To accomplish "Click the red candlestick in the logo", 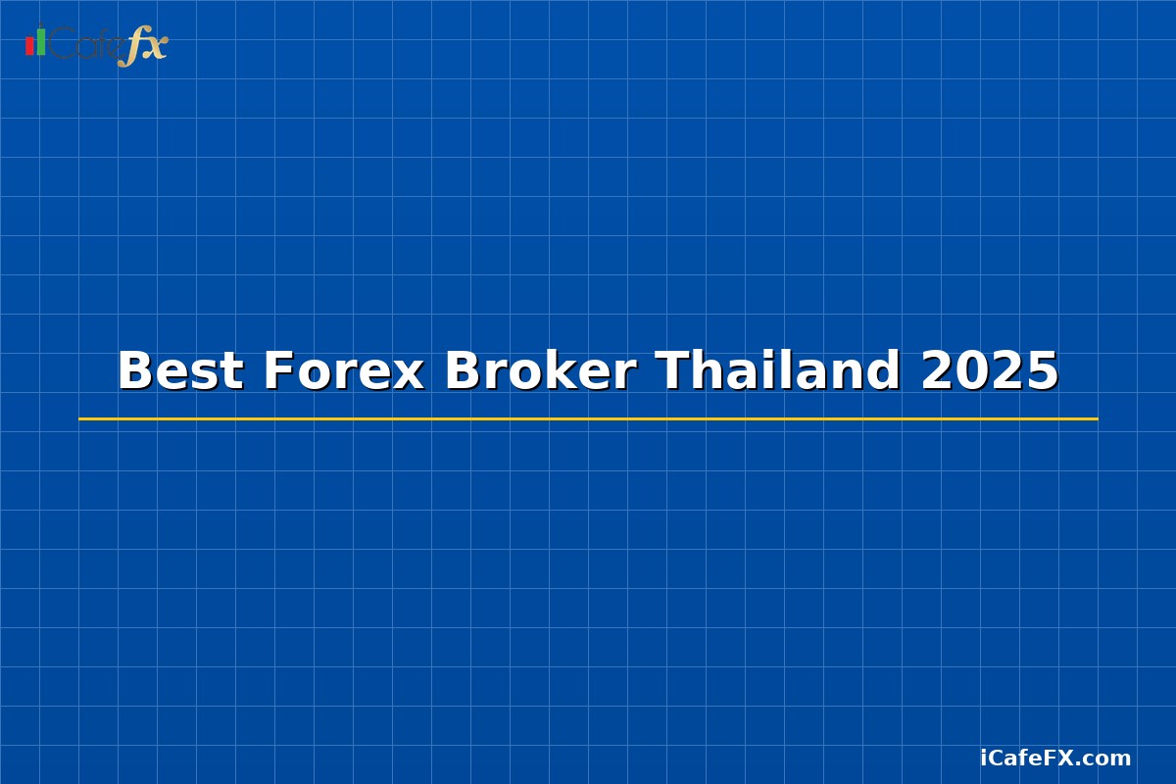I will (x=29, y=46).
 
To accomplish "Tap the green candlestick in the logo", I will (x=41, y=42).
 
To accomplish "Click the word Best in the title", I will (x=180, y=371).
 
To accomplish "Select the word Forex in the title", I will (x=343, y=371).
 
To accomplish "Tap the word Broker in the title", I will (x=540, y=371).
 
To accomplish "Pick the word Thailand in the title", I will (x=778, y=371).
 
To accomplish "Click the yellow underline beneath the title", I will (x=588, y=418).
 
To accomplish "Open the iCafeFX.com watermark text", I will (x=1055, y=758).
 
